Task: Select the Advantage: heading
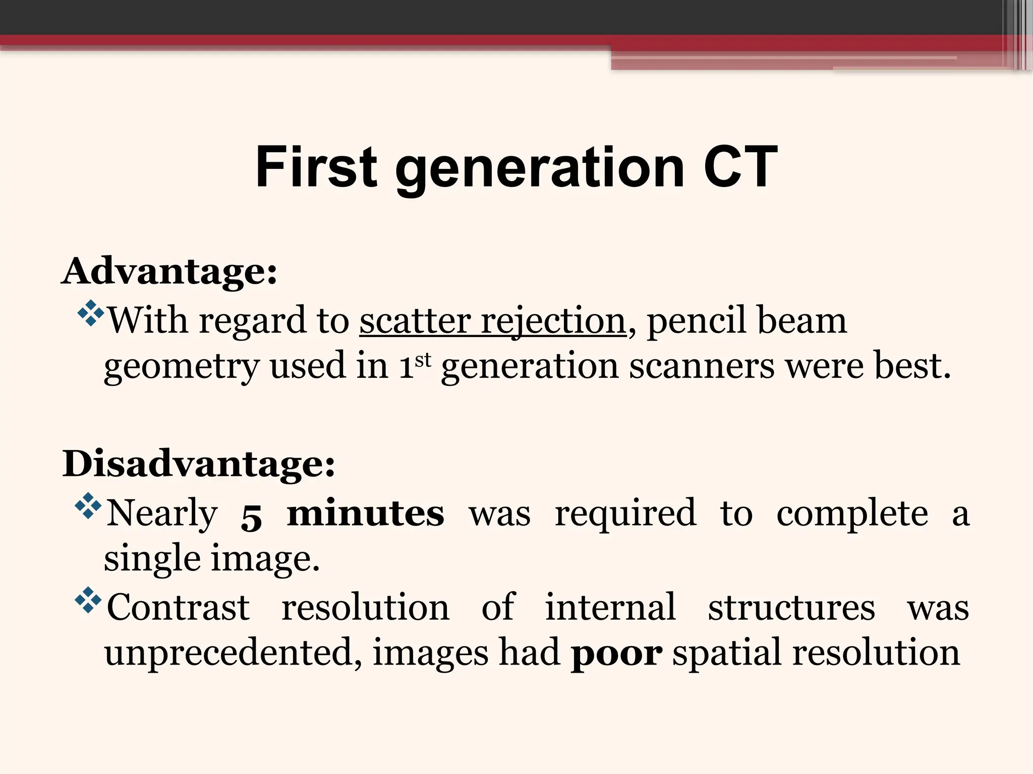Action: click(x=169, y=272)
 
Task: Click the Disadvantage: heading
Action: click(x=199, y=464)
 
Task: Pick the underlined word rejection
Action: click(x=553, y=320)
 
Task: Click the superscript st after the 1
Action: click(x=423, y=359)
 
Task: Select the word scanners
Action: click(x=702, y=366)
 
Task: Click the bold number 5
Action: click(x=251, y=516)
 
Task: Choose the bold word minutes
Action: click(x=366, y=513)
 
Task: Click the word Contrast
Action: click(x=178, y=608)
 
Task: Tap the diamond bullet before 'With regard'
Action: click(x=90, y=313)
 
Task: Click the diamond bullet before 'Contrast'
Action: click(x=88, y=600)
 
